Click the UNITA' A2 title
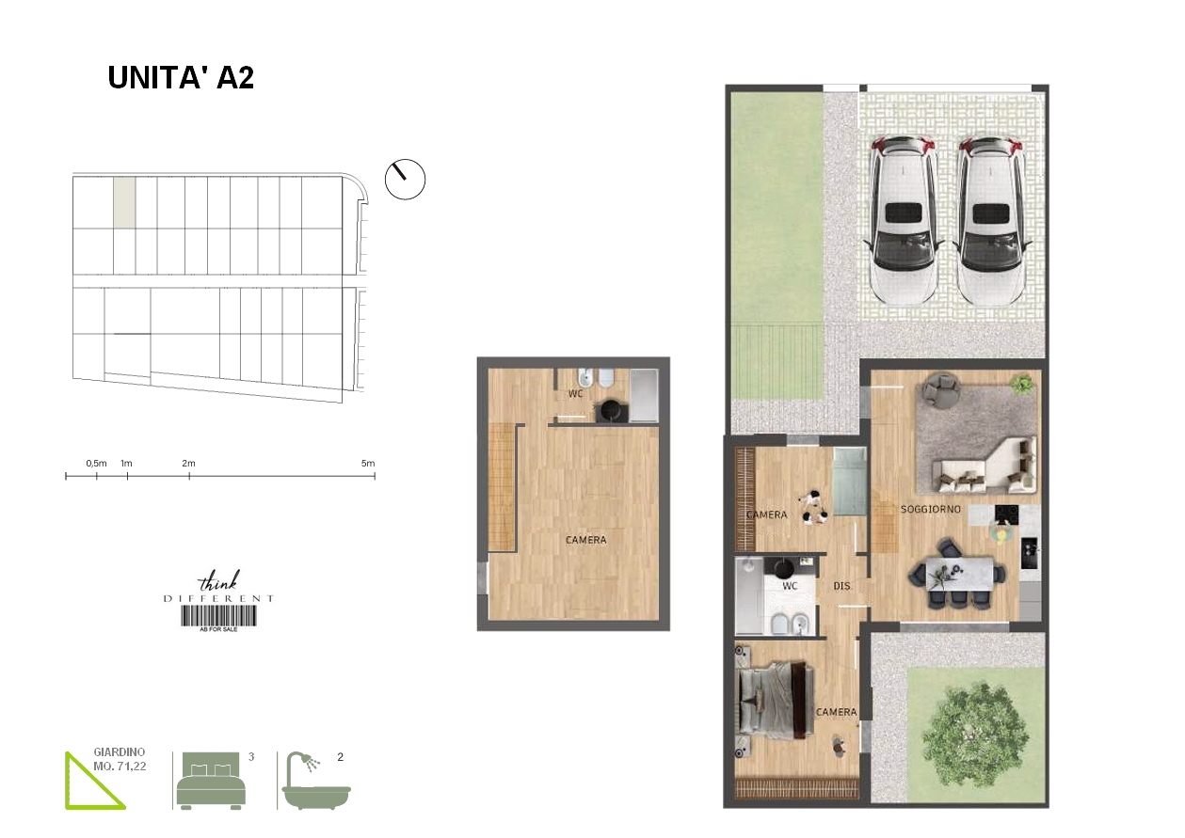tap(181, 78)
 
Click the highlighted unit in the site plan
tap(125, 203)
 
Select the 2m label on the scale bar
tap(189, 463)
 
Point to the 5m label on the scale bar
tap(368, 463)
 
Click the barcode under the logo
tap(219, 616)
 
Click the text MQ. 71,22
tap(120, 767)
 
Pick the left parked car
tap(904, 220)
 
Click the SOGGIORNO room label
tap(931, 509)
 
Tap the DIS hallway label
tap(841, 586)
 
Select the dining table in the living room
tap(959, 574)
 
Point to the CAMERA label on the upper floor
tap(585, 540)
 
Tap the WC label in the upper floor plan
tap(576, 393)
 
